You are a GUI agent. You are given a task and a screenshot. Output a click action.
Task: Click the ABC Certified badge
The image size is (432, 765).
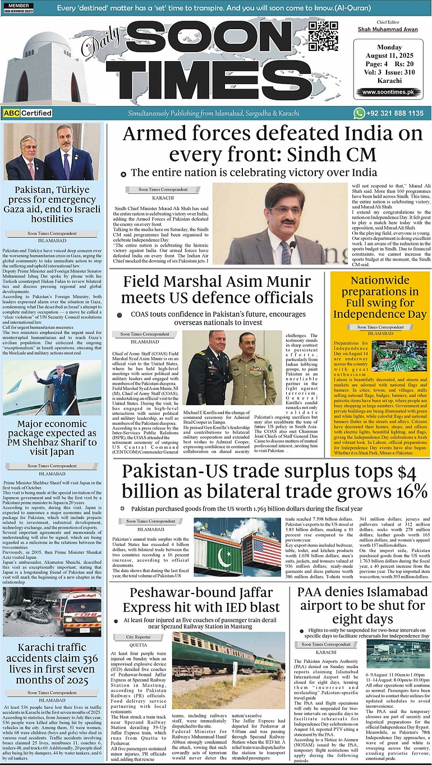(27, 113)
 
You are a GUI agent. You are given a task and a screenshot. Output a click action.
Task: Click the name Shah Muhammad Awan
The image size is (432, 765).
(388, 29)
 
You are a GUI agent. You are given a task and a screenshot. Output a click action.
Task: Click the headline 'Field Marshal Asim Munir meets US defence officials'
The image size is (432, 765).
(217, 289)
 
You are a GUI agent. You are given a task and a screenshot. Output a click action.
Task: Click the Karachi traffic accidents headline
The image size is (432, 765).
(52, 664)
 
